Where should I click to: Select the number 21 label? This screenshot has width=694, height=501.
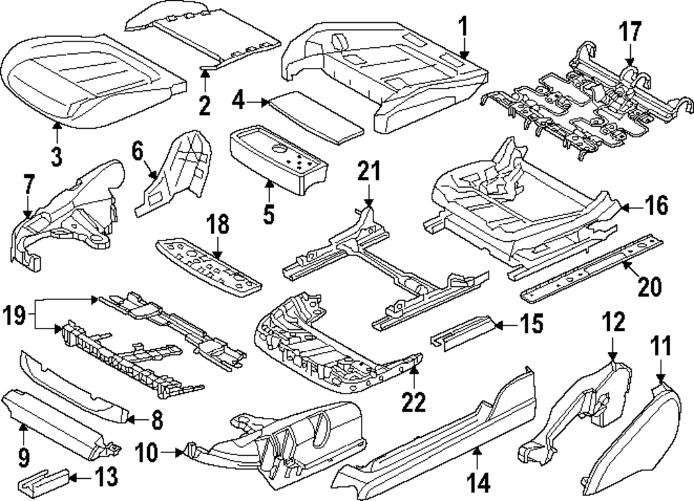pyautogui.click(x=368, y=170)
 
